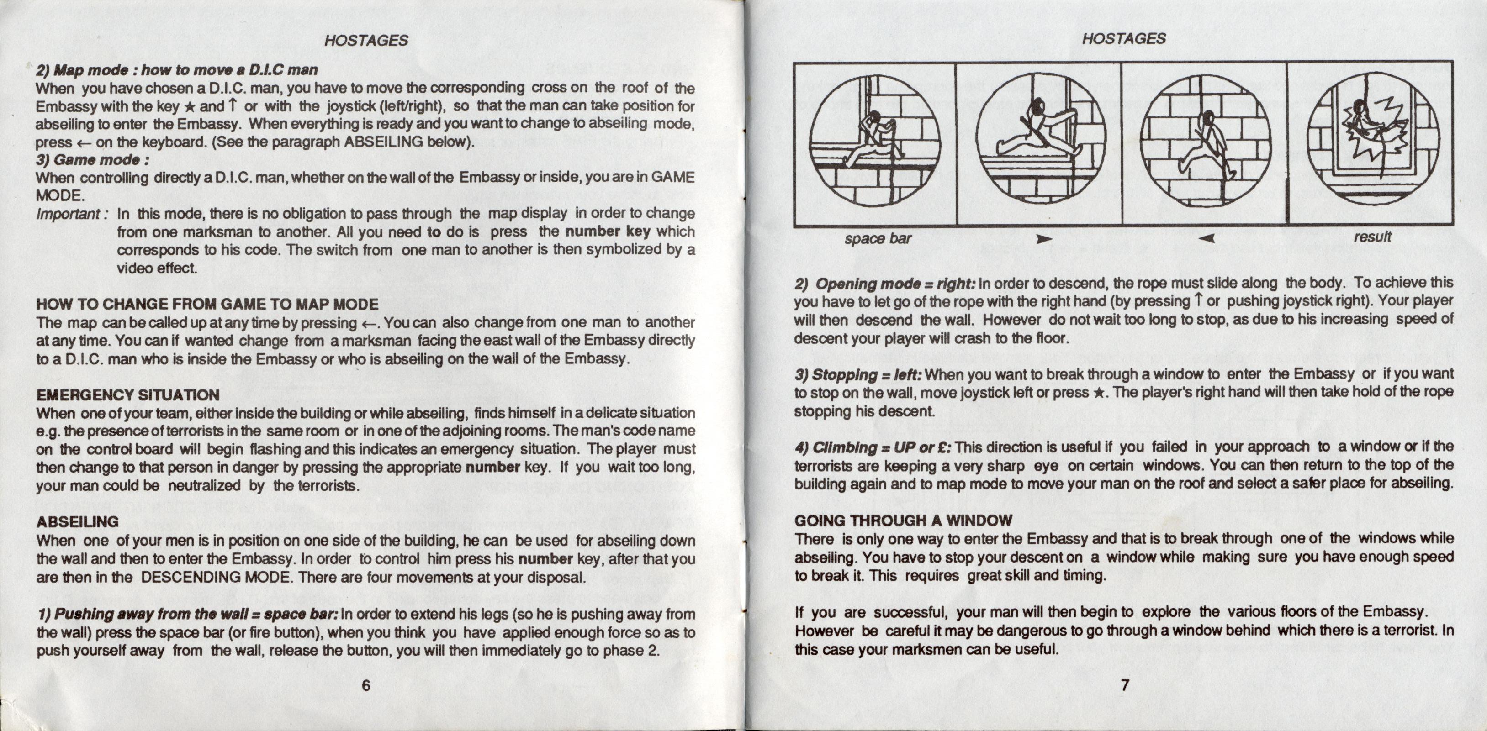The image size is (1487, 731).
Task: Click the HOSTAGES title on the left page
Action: (x=366, y=40)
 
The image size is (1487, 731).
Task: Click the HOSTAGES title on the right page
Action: (x=1123, y=39)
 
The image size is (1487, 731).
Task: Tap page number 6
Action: (x=365, y=685)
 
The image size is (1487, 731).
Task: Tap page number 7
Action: (x=1124, y=685)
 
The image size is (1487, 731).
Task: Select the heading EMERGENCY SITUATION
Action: (x=127, y=395)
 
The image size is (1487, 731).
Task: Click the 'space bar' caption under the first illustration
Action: (x=878, y=238)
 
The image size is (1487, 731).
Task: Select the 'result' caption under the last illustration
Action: (x=1372, y=237)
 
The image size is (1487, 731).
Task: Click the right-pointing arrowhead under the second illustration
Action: (x=1042, y=238)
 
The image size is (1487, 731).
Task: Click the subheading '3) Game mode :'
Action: (x=92, y=159)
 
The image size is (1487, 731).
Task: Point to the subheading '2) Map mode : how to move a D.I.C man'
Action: (x=176, y=70)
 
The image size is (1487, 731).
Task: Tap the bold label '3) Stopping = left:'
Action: (x=859, y=375)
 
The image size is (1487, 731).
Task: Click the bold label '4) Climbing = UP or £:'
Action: (x=873, y=447)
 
